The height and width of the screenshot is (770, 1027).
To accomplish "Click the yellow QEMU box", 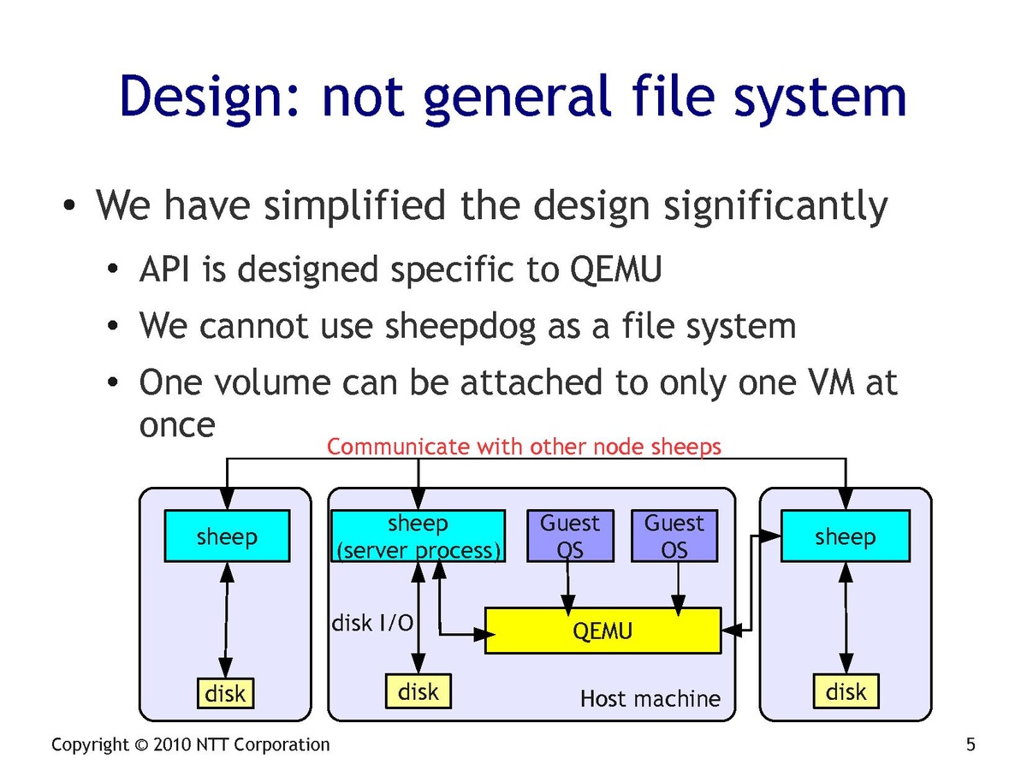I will tap(603, 631).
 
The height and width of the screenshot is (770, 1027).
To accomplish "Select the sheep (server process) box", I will tap(418, 536).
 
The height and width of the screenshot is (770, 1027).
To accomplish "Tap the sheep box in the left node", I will tap(227, 536).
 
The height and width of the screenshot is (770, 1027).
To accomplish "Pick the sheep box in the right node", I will tap(845, 536).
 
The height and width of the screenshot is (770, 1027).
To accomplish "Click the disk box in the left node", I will tap(226, 692).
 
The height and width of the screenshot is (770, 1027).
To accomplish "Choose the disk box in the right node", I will tap(846, 691).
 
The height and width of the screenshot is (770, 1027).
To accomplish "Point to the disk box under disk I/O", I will tap(419, 691).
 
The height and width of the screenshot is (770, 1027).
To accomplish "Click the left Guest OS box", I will tap(570, 536).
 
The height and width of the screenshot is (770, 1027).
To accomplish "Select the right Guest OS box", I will tap(674, 536).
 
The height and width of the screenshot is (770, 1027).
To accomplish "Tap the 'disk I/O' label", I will tap(372, 624).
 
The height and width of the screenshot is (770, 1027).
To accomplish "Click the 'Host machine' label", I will tap(650, 699).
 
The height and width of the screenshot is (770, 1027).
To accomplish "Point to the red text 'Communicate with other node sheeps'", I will tap(524, 447).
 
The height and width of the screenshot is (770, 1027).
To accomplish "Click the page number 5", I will tap(971, 744).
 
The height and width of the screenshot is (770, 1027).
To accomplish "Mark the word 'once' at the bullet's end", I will tap(177, 424).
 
